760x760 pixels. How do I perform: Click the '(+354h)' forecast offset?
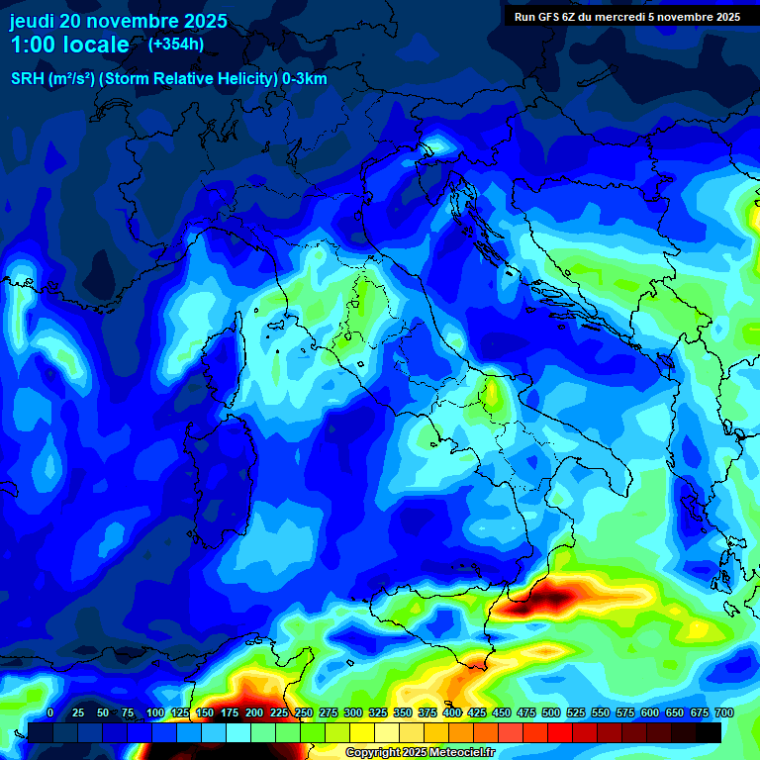(x=176, y=44)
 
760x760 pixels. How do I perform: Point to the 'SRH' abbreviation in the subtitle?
(x=29, y=79)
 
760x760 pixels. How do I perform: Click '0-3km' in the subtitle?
(x=304, y=79)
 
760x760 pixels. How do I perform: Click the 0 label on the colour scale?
(x=50, y=712)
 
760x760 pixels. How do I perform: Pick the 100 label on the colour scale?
(x=155, y=712)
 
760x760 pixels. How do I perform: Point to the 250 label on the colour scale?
(x=304, y=712)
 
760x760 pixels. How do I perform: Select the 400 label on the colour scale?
(x=452, y=712)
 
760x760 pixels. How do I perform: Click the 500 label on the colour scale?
(x=551, y=712)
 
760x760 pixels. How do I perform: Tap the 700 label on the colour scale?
(x=724, y=712)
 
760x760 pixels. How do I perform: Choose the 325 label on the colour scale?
(x=378, y=712)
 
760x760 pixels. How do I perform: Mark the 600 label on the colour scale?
(x=650, y=712)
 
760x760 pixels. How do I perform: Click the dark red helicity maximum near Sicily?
(x=547, y=597)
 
